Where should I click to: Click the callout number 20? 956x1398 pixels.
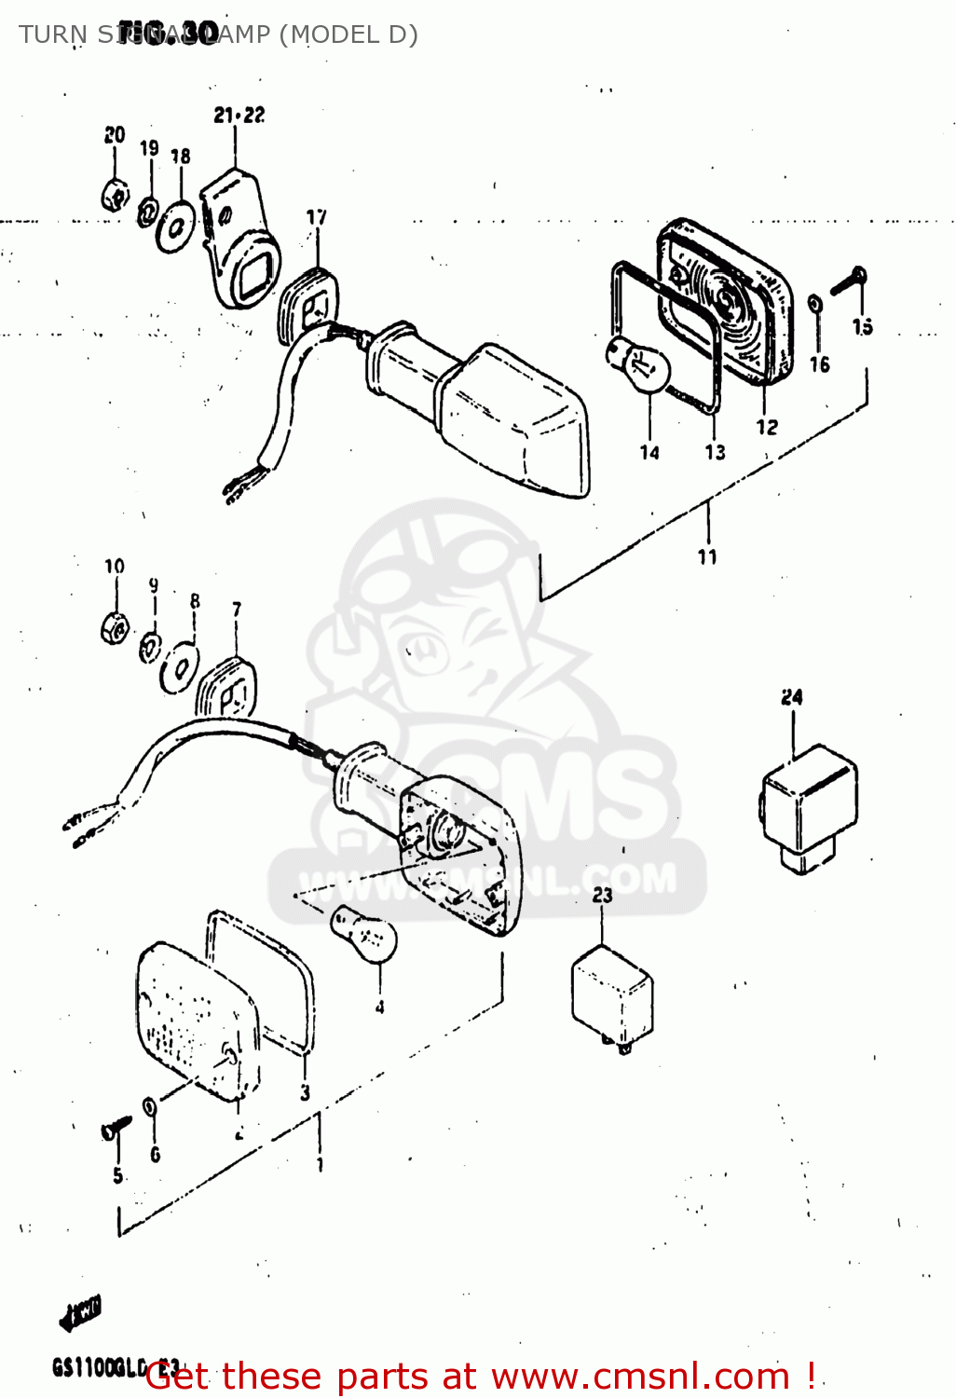point(115,134)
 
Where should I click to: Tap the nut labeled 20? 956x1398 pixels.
point(115,196)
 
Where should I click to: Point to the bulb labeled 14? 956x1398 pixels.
point(640,368)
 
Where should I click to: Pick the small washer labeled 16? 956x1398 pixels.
point(815,304)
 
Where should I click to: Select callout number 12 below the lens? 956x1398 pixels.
point(766,427)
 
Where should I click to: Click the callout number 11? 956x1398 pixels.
point(707,556)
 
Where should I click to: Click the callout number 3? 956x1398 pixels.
point(305,1092)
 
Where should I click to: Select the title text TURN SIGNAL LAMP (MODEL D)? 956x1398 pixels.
point(218,34)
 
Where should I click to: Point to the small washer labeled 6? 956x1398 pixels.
point(149,1106)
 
